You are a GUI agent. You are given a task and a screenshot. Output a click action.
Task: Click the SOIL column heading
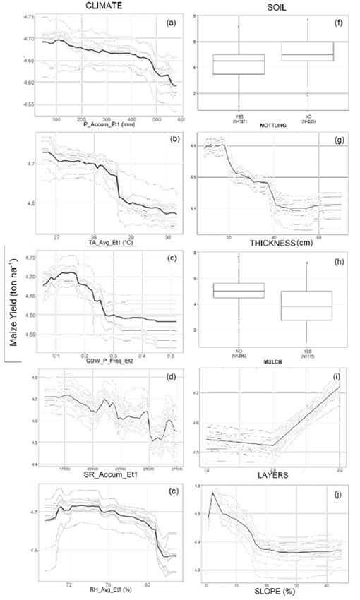[x=271, y=6]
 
